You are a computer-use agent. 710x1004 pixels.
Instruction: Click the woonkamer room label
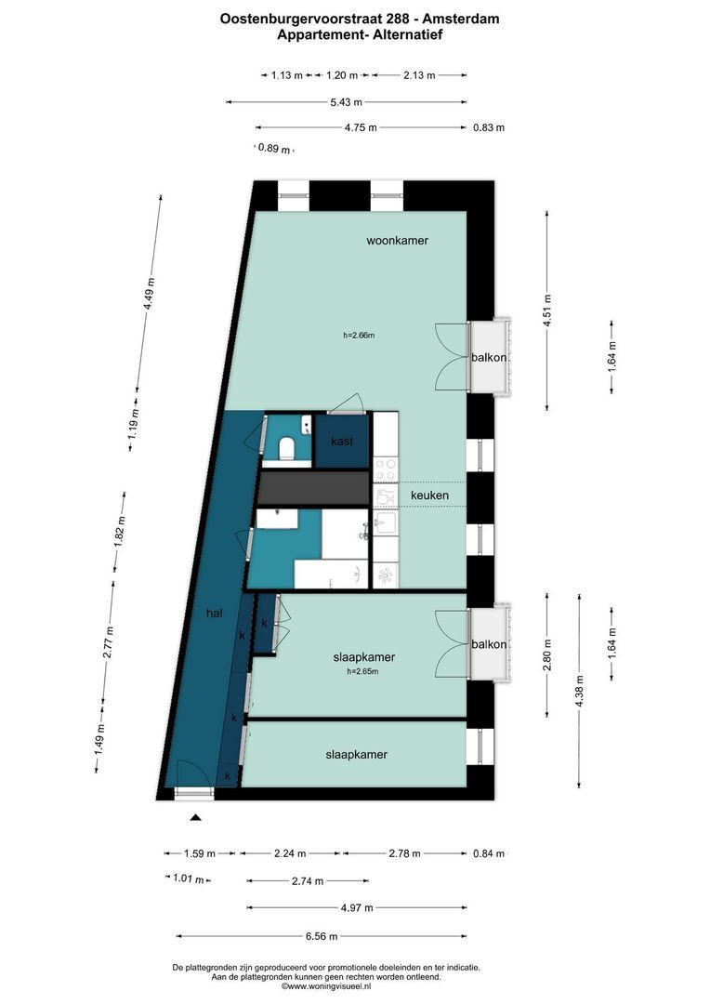(397, 241)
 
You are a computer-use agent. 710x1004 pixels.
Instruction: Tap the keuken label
(429, 495)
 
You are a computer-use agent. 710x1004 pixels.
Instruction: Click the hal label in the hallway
(215, 614)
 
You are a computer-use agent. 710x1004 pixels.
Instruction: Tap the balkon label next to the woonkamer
(489, 357)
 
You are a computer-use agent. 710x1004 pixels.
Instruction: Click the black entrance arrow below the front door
(195, 818)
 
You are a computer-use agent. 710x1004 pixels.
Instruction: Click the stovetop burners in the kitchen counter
(386, 466)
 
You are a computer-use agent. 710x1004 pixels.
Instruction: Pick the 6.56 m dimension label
(322, 936)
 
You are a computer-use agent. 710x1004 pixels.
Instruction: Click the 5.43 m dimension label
(347, 102)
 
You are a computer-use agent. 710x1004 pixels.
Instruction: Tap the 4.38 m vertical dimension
(580, 692)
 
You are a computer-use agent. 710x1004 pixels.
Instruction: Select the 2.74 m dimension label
(308, 879)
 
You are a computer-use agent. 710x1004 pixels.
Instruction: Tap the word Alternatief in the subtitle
(405, 34)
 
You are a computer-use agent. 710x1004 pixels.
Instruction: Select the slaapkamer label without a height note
(356, 755)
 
